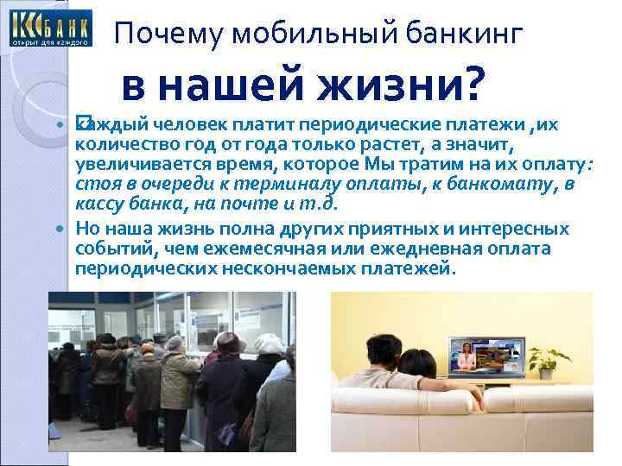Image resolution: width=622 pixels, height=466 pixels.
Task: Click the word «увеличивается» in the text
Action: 129,165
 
